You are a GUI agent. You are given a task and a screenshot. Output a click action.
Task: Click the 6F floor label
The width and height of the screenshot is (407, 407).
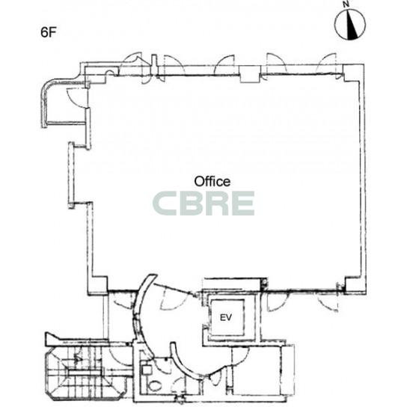pos(49,32)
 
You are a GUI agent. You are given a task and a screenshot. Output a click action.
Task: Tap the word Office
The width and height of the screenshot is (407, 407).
pos(212,182)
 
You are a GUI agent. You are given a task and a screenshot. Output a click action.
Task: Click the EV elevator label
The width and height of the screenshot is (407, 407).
pos(226,317)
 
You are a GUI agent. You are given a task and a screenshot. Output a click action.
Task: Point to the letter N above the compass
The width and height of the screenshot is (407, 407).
pos(345,4)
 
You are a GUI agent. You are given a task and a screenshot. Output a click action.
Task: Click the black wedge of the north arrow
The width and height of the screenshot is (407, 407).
pos(352,28)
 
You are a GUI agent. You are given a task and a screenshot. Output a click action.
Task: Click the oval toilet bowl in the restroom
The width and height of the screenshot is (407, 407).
pos(155,386)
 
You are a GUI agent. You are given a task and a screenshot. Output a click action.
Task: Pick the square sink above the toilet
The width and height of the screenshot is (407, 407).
pos(147,370)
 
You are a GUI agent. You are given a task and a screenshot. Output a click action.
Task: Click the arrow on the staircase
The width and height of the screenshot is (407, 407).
pos(78,358)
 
